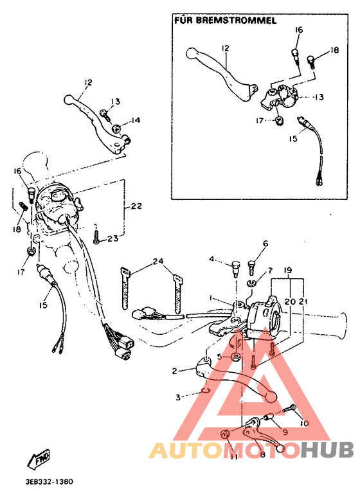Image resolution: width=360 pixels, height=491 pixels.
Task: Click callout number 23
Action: (x=113, y=238)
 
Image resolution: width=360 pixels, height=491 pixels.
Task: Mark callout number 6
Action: (x=264, y=244)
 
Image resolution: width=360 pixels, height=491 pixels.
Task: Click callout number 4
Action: (x=210, y=260)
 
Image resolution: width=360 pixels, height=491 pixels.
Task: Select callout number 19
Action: (x=287, y=271)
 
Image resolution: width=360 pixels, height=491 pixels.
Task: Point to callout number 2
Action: (x=174, y=371)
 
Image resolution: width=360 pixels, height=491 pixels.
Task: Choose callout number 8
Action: (x=262, y=454)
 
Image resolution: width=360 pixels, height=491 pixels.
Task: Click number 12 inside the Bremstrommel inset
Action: (x=226, y=48)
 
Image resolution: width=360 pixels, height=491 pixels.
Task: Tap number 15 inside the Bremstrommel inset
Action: (x=293, y=138)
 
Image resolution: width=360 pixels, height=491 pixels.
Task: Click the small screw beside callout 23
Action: (x=96, y=238)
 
